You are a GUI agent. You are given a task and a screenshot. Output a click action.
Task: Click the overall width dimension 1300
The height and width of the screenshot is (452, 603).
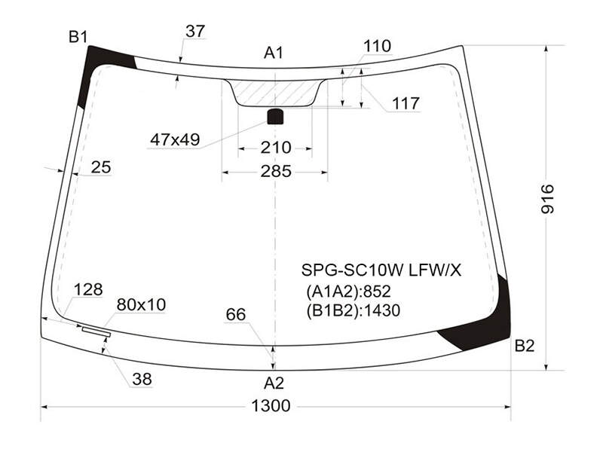pyautogui.click(x=271, y=405)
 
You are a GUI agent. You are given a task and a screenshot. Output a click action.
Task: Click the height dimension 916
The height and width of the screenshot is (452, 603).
pyautogui.click(x=548, y=199)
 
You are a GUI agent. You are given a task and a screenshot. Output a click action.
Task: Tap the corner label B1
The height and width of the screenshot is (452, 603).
pyautogui.click(x=78, y=37)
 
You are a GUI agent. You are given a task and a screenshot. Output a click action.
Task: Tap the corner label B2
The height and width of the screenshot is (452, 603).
pyautogui.click(x=525, y=347)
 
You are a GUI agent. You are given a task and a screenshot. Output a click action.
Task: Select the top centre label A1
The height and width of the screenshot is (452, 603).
pyautogui.click(x=274, y=53)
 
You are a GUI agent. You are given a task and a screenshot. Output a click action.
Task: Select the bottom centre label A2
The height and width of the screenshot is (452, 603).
pyautogui.click(x=274, y=383)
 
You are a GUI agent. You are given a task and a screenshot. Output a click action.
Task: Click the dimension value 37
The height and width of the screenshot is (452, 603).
pyautogui.click(x=195, y=31)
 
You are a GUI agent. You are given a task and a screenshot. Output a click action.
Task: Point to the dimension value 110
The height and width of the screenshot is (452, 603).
pyautogui.click(x=378, y=46)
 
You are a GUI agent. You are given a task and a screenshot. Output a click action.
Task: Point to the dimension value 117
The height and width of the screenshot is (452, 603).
pyautogui.click(x=406, y=103)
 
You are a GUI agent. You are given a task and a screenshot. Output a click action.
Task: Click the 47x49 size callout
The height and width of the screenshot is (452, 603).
pyautogui.click(x=175, y=139)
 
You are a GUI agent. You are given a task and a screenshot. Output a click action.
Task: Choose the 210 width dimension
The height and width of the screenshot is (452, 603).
pyautogui.click(x=276, y=148)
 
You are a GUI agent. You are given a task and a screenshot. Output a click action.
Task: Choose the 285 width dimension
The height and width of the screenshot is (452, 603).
pyautogui.click(x=276, y=172)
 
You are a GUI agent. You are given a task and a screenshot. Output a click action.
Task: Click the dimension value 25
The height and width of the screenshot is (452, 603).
pyautogui.click(x=101, y=167)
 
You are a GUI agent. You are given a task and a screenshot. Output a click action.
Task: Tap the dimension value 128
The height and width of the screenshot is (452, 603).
pyautogui.click(x=88, y=289)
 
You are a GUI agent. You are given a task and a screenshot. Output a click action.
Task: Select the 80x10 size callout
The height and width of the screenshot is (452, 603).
pyautogui.click(x=141, y=305)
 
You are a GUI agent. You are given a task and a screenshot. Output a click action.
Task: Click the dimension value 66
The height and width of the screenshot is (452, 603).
pyautogui.click(x=236, y=315)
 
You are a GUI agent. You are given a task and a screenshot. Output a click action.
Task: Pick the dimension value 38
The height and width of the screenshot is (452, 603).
pyautogui.click(x=142, y=380)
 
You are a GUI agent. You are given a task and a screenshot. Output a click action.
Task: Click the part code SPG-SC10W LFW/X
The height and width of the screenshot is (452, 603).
pyautogui.click(x=381, y=270)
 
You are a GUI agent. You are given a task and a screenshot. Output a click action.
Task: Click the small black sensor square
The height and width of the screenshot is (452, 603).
pyautogui.click(x=275, y=117)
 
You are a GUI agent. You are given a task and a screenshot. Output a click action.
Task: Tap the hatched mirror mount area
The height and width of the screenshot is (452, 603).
pyautogui.click(x=275, y=93)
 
